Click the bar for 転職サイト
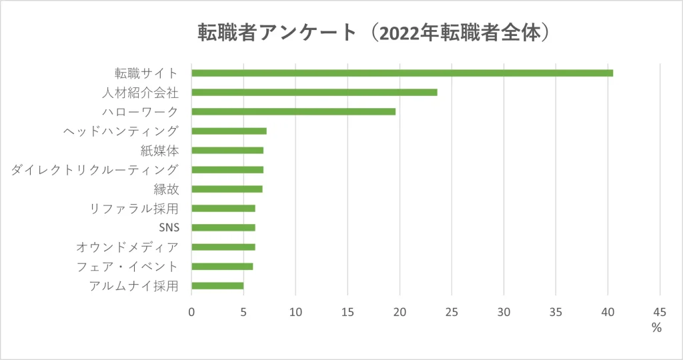[x=402, y=73]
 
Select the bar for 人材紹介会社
[x=314, y=92]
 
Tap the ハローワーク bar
[x=293, y=111]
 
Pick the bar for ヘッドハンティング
[x=229, y=131]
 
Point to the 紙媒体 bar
[x=227, y=150]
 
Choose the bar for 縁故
[x=227, y=189]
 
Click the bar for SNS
[x=223, y=227]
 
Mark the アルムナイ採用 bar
[x=217, y=286]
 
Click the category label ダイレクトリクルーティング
[x=95, y=169]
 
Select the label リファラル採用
[x=134, y=209]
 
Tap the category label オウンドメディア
[x=127, y=247]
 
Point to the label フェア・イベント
[x=127, y=267]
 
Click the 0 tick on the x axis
[x=191, y=311]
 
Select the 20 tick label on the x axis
[x=400, y=311]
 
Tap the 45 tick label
[x=660, y=311]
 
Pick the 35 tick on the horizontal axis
[x=556, y=311]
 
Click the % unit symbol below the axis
[x=656, y=327]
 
